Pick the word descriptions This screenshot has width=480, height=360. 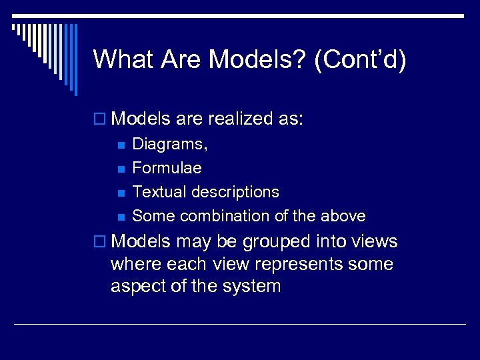click(234, 192)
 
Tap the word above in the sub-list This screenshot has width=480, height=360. click(343, 216)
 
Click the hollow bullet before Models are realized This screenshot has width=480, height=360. click(100, 120)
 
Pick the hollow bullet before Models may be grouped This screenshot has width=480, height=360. click(100, 242)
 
